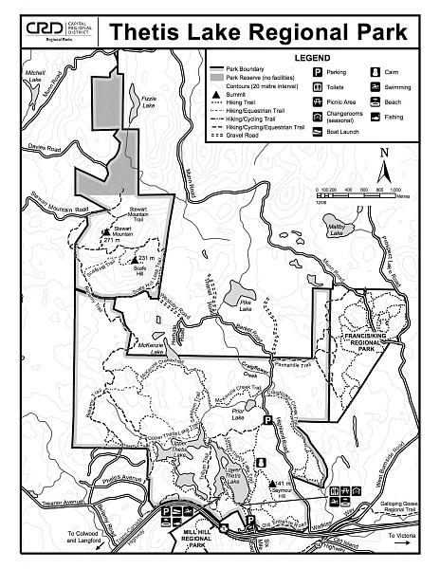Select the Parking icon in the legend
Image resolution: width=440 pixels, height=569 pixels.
point(317,72)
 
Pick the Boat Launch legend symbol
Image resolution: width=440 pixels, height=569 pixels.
point(317,134)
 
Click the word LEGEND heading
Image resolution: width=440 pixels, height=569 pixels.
point(310,58)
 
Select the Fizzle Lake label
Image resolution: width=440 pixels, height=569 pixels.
point(148,100)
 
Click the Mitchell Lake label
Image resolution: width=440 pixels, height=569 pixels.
point(37,77)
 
